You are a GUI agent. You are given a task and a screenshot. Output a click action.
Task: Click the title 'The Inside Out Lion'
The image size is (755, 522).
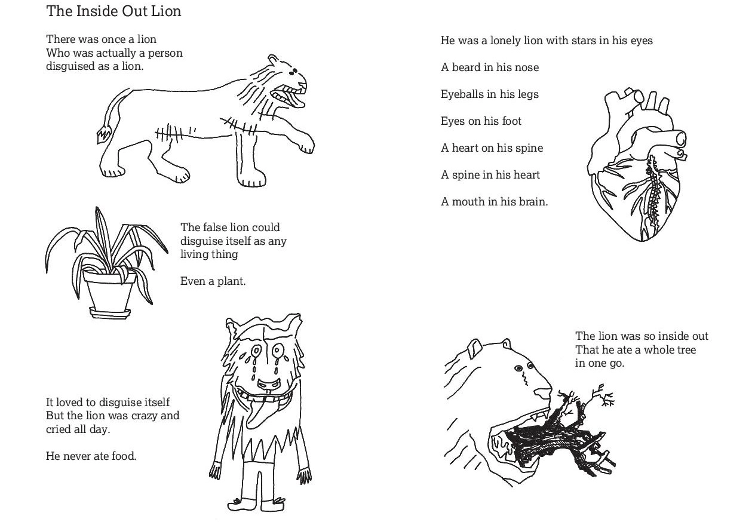click(x=113, y=11)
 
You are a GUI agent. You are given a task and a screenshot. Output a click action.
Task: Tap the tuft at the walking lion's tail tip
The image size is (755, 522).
click(x=104, y=135)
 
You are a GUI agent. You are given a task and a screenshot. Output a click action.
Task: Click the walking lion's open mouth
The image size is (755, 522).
click(x=288, y=97)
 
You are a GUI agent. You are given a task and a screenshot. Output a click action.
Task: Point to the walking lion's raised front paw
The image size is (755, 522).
click(x=306, y=145)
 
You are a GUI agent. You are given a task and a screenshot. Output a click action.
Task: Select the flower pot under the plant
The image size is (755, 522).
click(x=109, y=290)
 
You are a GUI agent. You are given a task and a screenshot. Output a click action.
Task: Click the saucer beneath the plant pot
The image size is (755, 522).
click(x=110, y=313)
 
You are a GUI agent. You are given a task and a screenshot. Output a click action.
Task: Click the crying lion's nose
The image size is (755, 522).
click(x=269, y=384)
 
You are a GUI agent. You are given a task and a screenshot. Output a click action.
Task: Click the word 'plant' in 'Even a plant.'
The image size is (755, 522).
click(x=231, y=281)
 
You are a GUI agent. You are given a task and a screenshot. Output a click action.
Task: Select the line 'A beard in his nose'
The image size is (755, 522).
click(x=490, y=67)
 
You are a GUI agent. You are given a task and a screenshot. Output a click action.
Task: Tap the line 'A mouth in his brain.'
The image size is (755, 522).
click(x=495, y=201)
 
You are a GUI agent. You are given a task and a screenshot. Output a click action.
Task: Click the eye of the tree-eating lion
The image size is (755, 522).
click(x=518, y=369)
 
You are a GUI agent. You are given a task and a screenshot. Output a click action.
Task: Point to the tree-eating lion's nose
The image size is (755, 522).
click(x=542, y=393)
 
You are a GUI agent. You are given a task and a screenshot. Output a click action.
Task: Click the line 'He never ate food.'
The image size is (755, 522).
click(x=91, y=456)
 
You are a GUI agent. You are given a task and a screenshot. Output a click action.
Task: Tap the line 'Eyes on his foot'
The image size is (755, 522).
click(x=481, y=121)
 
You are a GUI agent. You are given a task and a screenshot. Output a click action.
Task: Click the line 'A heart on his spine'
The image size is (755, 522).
click(x=492, y=148)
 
